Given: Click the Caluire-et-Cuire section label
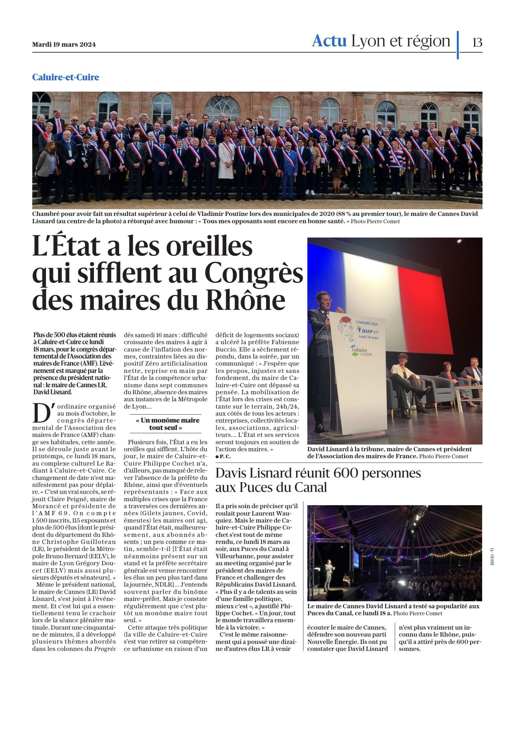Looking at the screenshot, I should coord(66,77).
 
